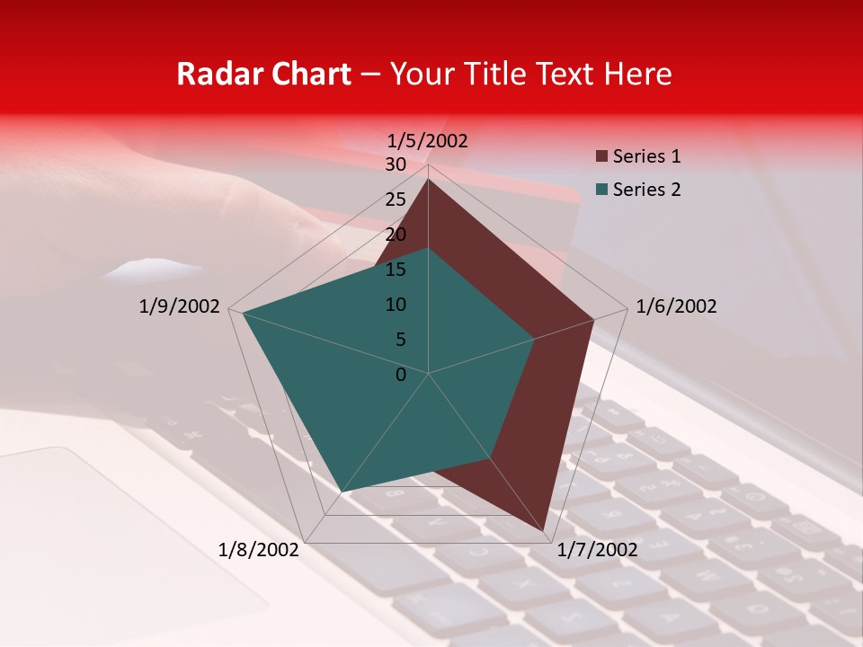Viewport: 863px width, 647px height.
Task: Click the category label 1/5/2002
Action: click(428, 141)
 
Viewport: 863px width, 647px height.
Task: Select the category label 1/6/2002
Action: click(676, 306)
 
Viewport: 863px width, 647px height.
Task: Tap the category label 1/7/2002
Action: click(597, 550)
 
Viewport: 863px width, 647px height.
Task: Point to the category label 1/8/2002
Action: click(259, 550)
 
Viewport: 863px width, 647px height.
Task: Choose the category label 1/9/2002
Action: click(180, 306)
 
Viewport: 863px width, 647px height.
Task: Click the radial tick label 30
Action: click(396, 164)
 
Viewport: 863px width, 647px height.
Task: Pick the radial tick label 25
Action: click(396, 199)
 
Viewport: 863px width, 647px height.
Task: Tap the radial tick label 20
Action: click(396, 235)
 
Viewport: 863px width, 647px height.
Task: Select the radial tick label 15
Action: click(396, 270)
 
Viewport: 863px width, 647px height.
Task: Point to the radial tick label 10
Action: click(396, 305)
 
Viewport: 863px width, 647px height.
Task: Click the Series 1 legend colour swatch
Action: click(601, 157)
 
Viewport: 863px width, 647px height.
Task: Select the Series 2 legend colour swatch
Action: click(601, 190)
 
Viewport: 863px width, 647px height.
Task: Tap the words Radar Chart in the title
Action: click(263, 74)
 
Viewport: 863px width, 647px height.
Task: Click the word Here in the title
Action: click(638, 74)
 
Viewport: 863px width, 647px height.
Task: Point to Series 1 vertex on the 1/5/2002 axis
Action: click(429, 179)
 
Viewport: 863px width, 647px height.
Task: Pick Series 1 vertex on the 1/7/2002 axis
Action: click(545, 531)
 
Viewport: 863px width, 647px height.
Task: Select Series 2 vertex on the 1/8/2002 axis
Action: click(341, 492)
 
